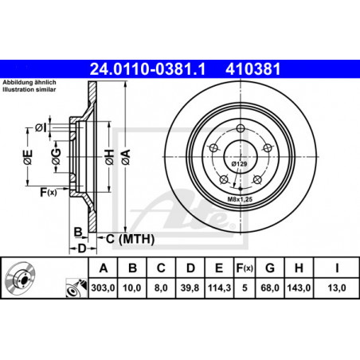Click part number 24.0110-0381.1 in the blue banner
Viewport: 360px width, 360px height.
click(147, 69)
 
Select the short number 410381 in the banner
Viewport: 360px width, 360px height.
click(253, 69)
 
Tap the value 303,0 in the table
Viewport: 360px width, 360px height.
click(103, 288)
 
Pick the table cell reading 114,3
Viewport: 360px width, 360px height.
click(219, 288)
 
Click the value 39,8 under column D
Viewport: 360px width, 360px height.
click(190, 288)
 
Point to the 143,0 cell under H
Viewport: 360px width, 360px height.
click(299, 288)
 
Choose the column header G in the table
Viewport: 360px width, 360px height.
click(270, 268)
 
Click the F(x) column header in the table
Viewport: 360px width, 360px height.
click(245, 268)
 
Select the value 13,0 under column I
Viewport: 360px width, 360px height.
click(337, 288)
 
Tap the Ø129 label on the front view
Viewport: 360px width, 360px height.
click(239, 164)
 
